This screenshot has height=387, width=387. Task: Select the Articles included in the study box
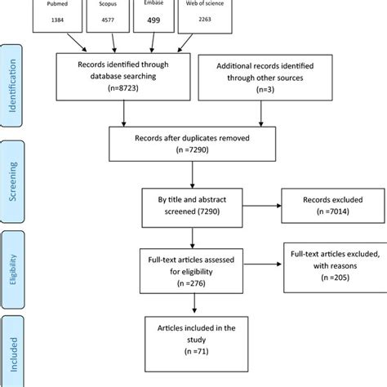point(193,340)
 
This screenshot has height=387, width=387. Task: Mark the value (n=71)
point(193,358)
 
